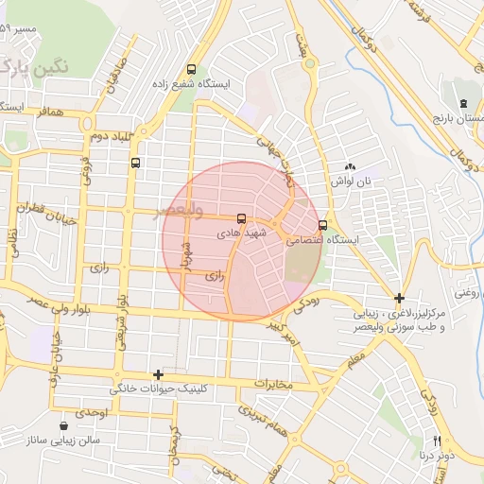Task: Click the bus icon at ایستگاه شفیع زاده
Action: (192, 69)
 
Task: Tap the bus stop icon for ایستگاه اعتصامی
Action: (323, 225)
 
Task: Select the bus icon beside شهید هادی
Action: (241, 217)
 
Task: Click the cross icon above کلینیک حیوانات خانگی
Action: (158, 374)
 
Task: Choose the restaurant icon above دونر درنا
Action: (437, 441)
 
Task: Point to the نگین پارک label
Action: (38, 68)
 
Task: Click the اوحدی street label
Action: (95, 415)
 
